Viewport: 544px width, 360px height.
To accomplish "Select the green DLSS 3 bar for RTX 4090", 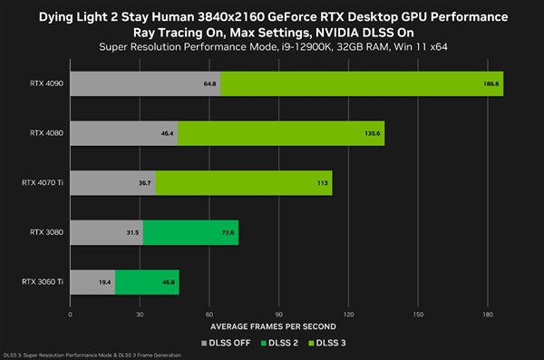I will [361, 83].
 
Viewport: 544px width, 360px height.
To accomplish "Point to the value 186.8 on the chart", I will [490, 83].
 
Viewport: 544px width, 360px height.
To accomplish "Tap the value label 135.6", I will [373, 133].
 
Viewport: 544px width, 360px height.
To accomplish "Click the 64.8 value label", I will [209, 83].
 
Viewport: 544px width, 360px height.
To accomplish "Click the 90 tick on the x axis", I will [278, 314].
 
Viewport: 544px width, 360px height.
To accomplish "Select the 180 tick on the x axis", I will [487, 314].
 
